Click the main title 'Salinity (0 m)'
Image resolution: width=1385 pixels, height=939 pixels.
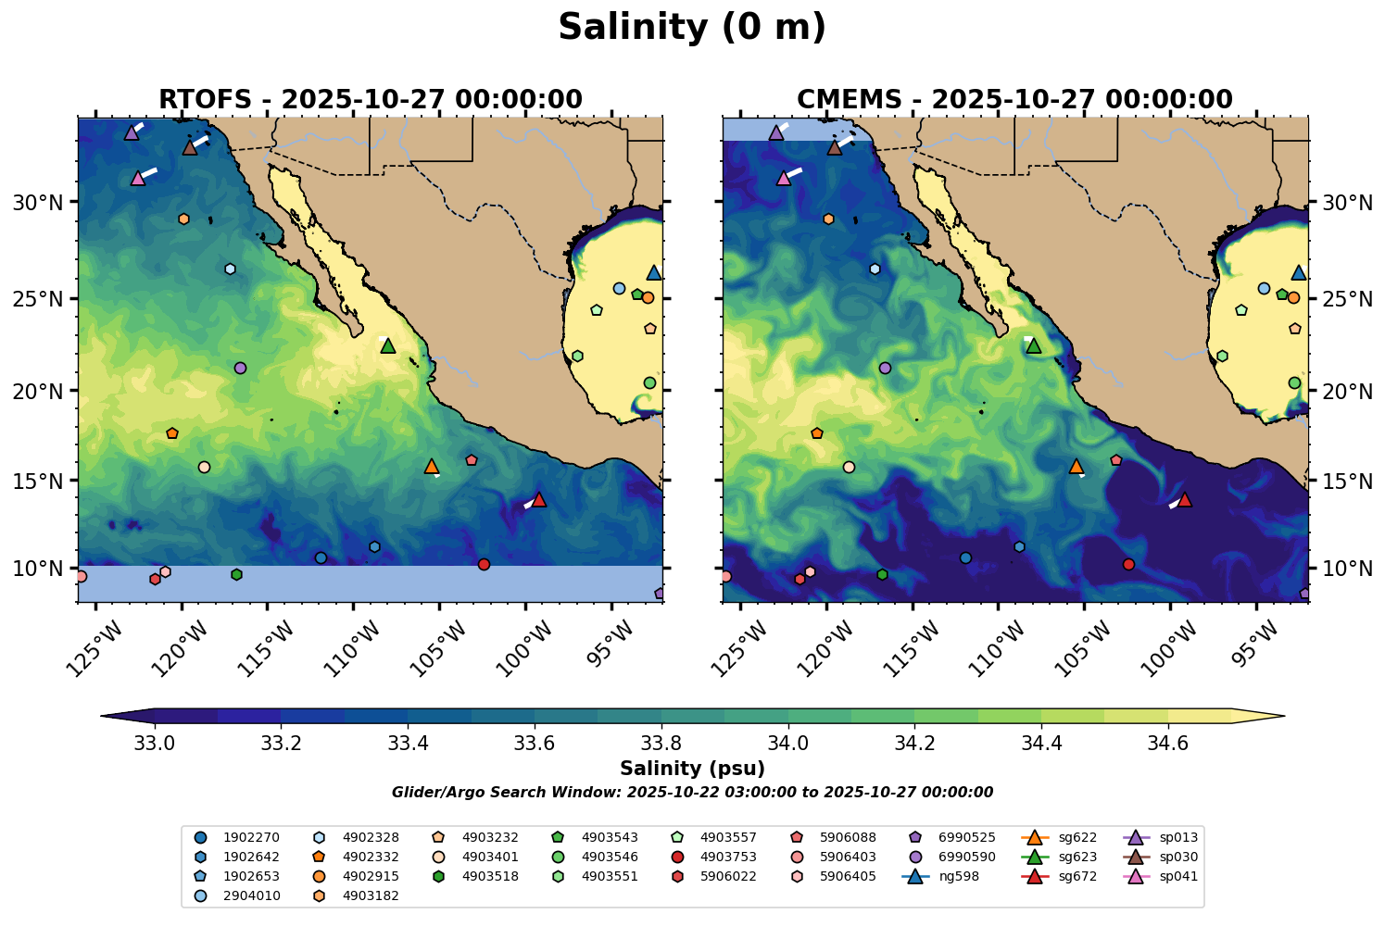point(692,28)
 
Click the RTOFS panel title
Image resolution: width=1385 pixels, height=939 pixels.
point(370,99)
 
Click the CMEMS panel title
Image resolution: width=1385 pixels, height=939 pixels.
point(1014,99)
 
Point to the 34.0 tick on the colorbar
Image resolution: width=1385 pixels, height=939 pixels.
point(788,744)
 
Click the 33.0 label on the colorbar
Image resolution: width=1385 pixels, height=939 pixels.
point(155,744)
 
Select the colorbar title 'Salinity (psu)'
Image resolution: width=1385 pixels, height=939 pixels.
point(692,769)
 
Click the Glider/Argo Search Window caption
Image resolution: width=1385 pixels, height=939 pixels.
point(692,793)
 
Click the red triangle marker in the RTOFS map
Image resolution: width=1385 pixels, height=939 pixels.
point(539,500)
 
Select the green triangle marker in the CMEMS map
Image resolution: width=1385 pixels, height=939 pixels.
point(1033,346)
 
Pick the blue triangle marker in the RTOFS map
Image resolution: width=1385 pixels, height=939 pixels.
point(654,273)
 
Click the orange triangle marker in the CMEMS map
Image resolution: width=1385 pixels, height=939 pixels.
point(1076,467)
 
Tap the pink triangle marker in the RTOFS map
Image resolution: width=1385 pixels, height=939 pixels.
point(138,178)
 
